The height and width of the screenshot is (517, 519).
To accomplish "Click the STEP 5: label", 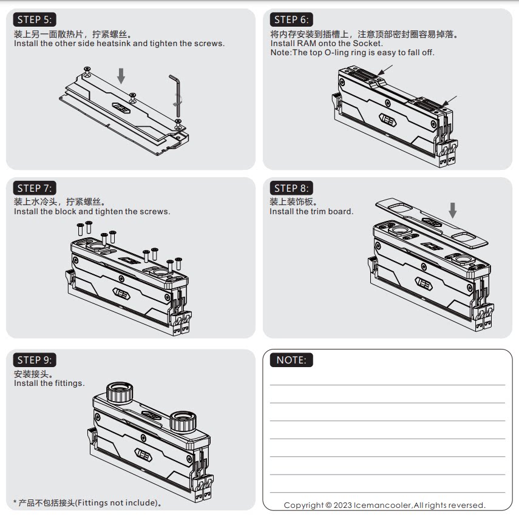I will [x=35, y=19].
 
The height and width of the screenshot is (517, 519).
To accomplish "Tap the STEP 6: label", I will [x=291, y=19].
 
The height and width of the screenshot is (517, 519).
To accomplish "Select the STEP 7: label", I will [x=35, y=188].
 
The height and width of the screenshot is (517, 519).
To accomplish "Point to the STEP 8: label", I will [x=291, y=188].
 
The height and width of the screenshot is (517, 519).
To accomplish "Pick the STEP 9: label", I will [x=35, y=360].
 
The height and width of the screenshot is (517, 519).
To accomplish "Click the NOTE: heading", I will [x=291, y=360].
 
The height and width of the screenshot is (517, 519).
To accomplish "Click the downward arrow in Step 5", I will [x=121, y=76].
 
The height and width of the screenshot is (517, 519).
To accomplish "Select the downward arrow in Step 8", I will [x=453, y=210].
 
